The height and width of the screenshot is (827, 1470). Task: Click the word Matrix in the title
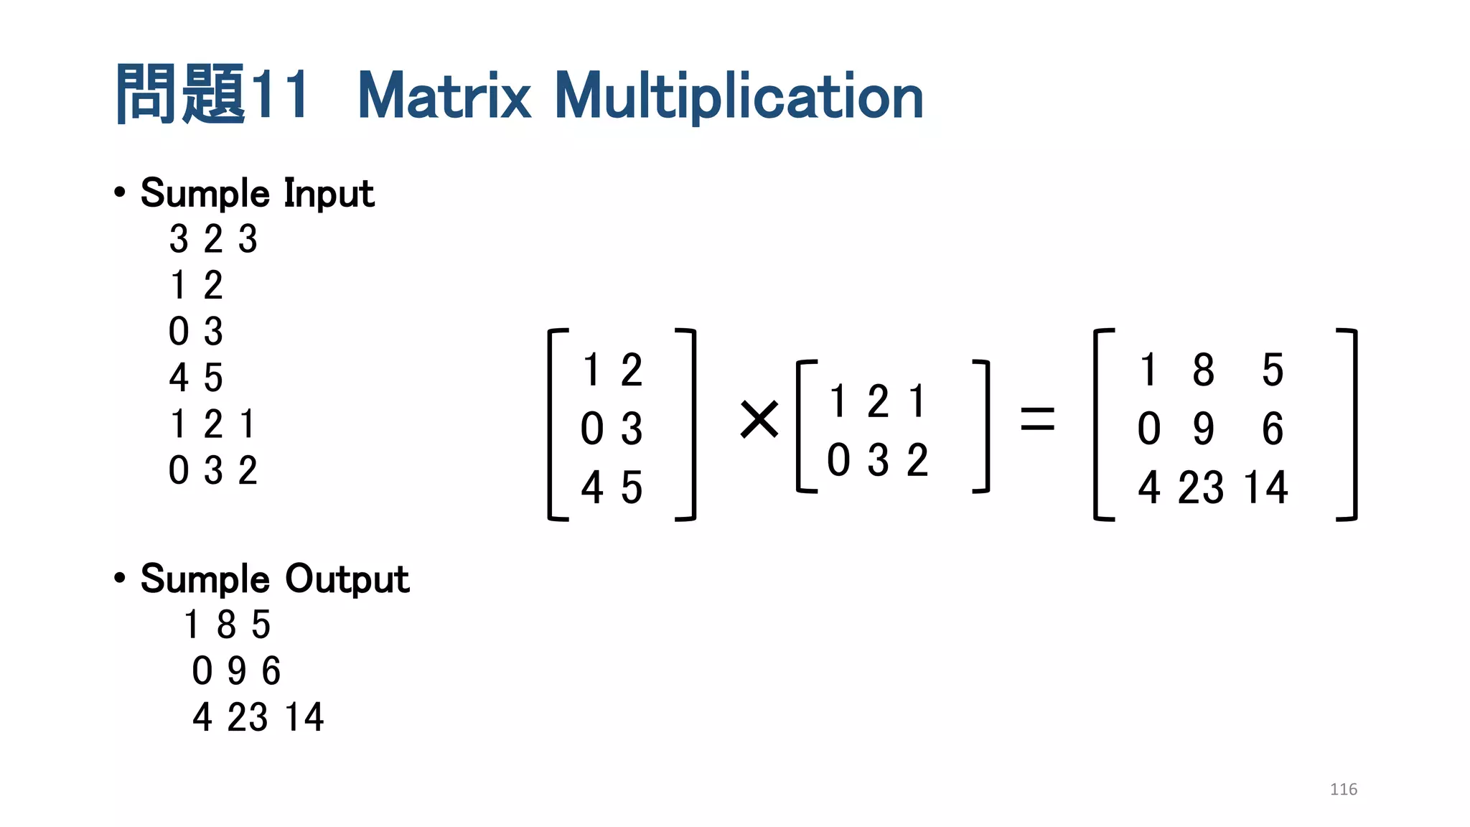pos(444,96)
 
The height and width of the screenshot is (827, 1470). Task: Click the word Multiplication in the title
pos(739,96)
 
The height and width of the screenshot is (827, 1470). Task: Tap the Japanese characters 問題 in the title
pos(180,94)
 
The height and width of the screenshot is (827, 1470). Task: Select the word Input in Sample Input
pos(329,194)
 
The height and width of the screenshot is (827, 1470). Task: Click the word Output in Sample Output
pos(347,579)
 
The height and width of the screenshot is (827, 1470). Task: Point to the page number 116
pos(1343,789)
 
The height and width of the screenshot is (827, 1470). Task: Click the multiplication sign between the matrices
pos(759,419)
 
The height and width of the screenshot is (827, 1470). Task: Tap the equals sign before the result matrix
pos(1037,419)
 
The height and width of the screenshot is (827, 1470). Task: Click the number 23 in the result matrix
pos(1200,487)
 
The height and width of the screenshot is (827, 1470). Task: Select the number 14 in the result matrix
pos(1265,487)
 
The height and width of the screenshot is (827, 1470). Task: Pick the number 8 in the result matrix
pos(1203,370)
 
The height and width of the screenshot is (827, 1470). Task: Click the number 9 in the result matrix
pos(1203,429)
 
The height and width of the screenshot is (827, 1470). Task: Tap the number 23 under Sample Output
pos(248,717)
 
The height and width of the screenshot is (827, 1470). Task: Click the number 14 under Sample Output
pos(304,717)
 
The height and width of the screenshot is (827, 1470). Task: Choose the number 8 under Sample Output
pos(226,625)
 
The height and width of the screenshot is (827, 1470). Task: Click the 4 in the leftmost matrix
pos(591,487)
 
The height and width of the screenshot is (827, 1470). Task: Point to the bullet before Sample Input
pos(120,192)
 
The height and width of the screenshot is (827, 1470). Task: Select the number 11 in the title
pos(281,94)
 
